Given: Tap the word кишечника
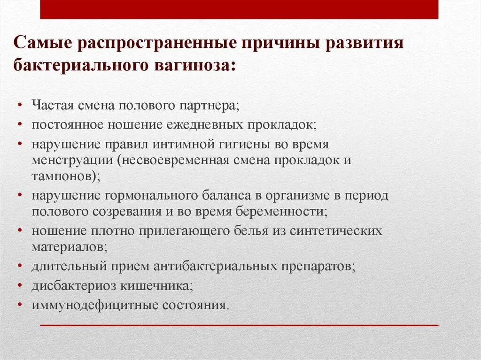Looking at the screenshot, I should click(x=164, y=285).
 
